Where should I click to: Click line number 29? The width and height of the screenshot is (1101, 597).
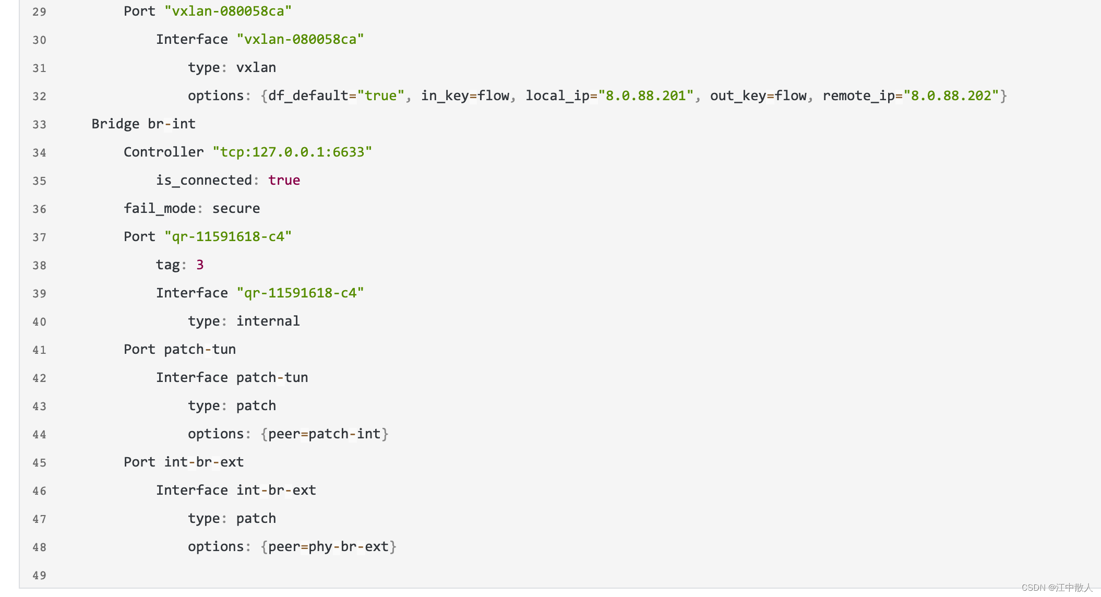click(39, 12)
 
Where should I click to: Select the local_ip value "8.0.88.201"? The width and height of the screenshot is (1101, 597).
click(645, 95)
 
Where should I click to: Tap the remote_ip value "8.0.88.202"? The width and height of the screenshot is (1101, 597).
click(951, 95)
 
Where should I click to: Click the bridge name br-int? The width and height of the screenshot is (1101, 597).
click(172, 124)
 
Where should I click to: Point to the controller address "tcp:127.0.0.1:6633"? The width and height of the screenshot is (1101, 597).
click(292, 152)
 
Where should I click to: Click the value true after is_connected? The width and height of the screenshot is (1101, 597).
click(284, 180)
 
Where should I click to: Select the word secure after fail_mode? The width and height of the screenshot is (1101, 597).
click(236, 208)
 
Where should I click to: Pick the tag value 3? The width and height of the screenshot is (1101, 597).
click(200, 265)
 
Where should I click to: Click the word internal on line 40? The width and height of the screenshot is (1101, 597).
click(268, 321)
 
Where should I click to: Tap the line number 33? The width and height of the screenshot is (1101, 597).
click(39, 125)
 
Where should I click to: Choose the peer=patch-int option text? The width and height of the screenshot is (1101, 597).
click(324, 434)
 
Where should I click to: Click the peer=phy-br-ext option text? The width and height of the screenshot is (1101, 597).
click(328, 546)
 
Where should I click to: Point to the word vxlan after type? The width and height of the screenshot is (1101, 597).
click(256, 67)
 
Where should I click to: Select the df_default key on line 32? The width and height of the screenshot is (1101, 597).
click(308, 95)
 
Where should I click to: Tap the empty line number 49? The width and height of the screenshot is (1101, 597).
click(39, 576)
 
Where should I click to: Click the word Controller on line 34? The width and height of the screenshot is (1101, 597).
click(163, 152)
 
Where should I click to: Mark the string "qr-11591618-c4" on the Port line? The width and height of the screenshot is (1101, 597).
click(228, 236)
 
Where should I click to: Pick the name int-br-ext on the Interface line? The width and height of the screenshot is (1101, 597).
click(276, 490)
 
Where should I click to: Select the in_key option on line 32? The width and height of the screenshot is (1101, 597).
click(445, 95)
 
